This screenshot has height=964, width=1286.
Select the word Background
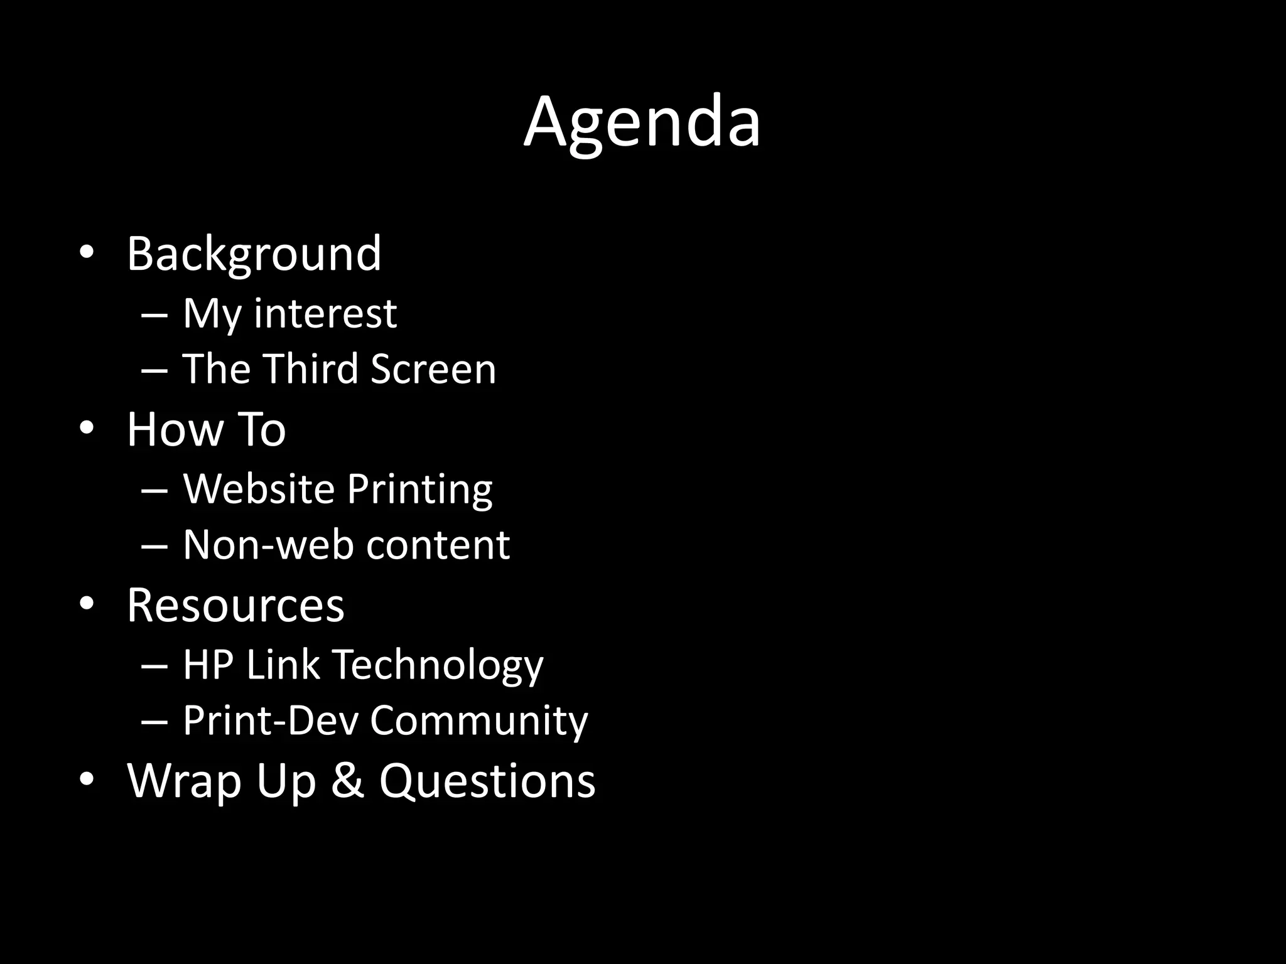(254, 254)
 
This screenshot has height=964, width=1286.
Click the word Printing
(419, 490)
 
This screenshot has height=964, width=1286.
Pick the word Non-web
(269, 544)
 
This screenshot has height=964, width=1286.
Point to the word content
(438, 544)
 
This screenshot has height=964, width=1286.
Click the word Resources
(235, 605)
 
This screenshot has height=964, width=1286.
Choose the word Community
(478, 721)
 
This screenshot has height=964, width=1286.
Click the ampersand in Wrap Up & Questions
(347, 781)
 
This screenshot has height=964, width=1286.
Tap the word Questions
(487, 781)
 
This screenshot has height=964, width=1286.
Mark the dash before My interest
(154, 314)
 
